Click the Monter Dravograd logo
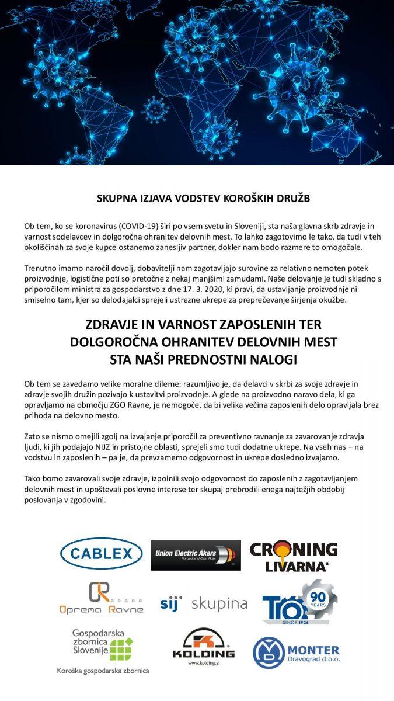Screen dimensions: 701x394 coord(295,653)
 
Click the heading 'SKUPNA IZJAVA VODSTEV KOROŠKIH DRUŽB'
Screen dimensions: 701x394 coord(203,199)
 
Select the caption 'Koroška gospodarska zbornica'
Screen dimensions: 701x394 coord(103,671)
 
